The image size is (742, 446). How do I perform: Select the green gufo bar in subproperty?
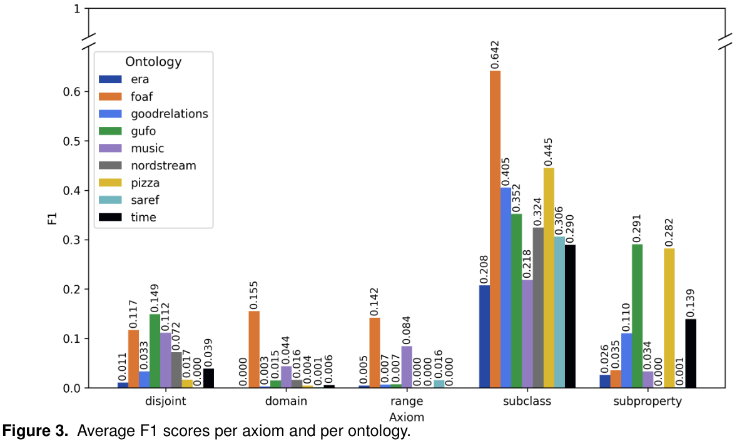[x=637, y=316]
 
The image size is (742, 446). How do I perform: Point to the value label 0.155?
[x=254, y=292]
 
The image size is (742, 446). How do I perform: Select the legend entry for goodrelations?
[x=169, y=114]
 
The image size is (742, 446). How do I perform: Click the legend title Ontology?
[x=153, y=61]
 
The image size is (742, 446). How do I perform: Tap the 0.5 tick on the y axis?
[x=72, y=141]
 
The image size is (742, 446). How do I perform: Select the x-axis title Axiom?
[x=407, y=416]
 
